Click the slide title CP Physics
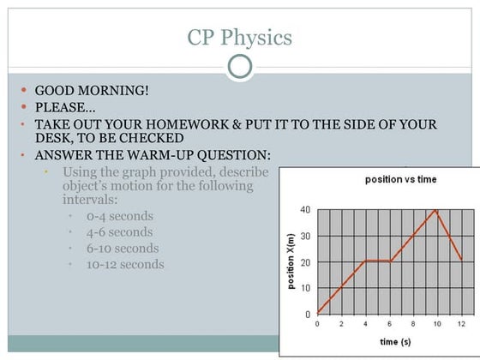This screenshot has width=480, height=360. point(239,38)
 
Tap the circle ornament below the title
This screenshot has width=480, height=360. point(240,67)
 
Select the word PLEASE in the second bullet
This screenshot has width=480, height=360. point(64,107)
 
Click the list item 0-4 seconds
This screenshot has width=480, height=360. point(119,216)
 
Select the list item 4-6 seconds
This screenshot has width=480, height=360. point(119,231)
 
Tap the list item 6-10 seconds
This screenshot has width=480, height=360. point(123,248)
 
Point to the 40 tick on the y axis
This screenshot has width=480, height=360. point(305,210)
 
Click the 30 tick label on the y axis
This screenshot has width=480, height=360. point(305,236)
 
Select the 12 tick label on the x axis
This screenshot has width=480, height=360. point(462,323)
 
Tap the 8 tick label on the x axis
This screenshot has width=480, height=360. point(413,323)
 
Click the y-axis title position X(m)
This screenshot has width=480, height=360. point(292,261)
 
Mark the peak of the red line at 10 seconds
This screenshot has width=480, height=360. point(437,210)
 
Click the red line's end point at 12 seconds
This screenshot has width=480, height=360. point(461,260)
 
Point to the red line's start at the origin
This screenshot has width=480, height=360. point(317,314)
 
